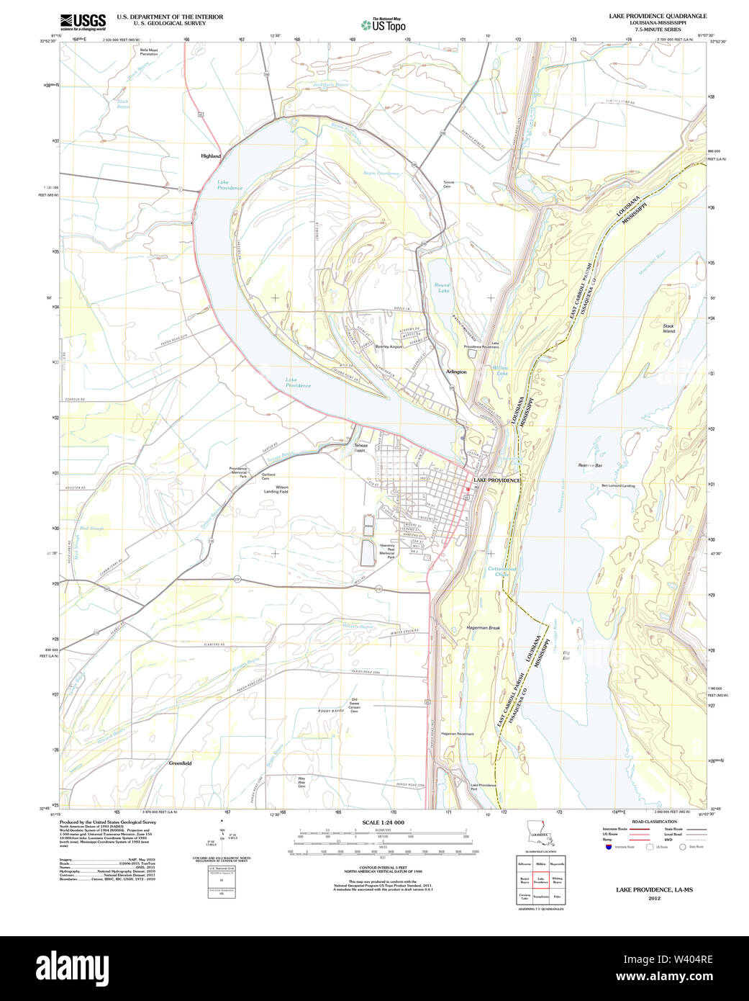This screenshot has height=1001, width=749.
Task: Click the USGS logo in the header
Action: pos(83,21)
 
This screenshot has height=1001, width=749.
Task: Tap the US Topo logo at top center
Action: pos(384,24)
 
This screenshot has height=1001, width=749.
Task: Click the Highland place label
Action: pos(211,156)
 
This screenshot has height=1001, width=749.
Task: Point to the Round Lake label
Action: pos(442,288)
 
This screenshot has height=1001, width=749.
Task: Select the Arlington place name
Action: pos(456,372)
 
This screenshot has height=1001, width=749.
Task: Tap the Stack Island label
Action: pos(668,329)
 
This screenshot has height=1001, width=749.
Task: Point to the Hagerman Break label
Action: pos(483,628)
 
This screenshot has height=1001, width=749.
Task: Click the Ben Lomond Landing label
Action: pos(618,486)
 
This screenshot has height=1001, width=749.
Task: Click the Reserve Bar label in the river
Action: pos(589,466)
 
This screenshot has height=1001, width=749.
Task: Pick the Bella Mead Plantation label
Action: pos(149,51)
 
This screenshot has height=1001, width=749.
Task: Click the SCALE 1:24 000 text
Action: pos(383,822)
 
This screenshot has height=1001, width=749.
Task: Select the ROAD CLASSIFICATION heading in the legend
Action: pos(653,822)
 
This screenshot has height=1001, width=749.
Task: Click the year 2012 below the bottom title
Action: pos(654,898)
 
